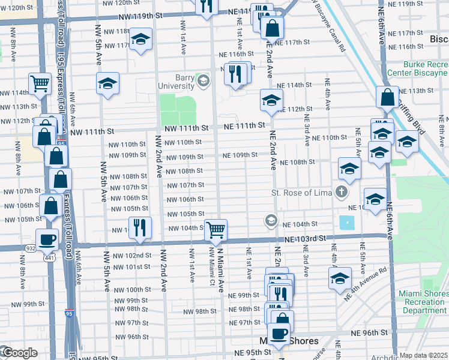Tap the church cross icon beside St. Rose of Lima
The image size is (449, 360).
click(342, 193)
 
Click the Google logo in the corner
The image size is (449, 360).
click(19, 353)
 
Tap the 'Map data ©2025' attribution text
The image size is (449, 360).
click(423, 355)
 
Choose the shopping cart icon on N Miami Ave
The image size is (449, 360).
click(215, 229)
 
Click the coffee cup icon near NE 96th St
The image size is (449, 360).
click(278, 334)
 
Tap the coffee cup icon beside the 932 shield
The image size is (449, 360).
click(47, 239)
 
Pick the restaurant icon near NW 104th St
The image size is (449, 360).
click(140, 227)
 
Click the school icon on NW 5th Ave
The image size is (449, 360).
click(108, 83)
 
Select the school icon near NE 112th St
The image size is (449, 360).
click(271, 100)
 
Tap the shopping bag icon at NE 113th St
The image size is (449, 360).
click(388, 97)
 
